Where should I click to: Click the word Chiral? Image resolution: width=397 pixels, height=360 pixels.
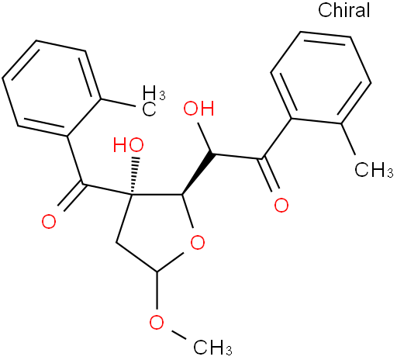click(x=343, y=10)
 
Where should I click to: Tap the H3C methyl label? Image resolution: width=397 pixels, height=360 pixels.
click(x=154, y=101)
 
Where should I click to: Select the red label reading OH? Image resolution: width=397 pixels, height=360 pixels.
click(x=198, y=109)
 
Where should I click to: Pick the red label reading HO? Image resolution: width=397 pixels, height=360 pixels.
click(x=129, y=145)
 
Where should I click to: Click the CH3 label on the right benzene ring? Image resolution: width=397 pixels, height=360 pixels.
click(x=374, y=170)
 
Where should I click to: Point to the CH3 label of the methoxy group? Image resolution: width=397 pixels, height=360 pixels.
click(x=212, y=348)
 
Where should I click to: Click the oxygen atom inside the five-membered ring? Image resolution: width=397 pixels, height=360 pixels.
click(x=198, y=242)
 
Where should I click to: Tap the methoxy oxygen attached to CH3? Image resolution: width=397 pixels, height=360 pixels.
click(x=157, y=322)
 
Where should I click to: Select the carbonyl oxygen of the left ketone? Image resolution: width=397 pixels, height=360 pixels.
click(x=49, y=222)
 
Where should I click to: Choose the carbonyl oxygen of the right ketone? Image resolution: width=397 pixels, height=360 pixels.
click(x=281, y=205)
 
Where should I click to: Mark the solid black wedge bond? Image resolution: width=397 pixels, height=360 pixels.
click(x=198, y=174)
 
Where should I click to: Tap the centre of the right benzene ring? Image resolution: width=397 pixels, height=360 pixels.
click(x=321, y=78)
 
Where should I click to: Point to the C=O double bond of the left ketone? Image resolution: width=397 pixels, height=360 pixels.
click(x=70, y=197)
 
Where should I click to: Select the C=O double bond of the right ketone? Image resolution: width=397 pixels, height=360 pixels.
click(x=269, y=174)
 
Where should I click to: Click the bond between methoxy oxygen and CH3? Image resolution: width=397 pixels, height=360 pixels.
click(x=178, y=334)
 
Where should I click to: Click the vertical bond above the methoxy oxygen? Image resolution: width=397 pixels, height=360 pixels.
click(x=157, y=290)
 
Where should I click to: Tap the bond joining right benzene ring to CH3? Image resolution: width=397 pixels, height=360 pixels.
click(x=348, y=139)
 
